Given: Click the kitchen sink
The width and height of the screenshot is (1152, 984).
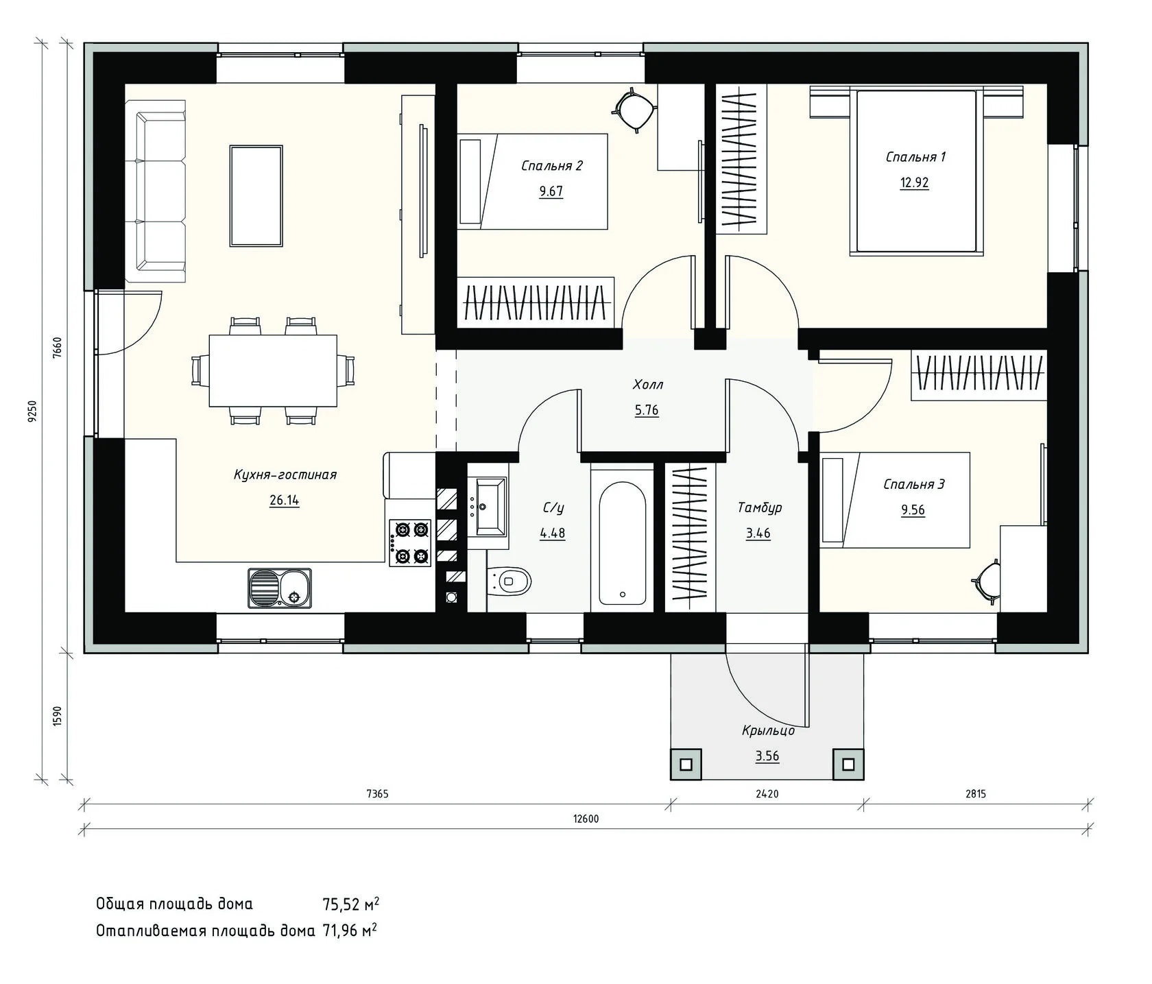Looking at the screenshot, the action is (x=280, y=588).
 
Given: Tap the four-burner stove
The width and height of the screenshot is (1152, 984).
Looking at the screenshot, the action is (x=411, y=542).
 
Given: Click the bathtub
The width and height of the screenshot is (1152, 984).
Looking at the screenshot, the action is (x=622, y=542).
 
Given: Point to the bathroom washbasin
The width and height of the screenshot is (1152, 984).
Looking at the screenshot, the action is (x=488, y=507).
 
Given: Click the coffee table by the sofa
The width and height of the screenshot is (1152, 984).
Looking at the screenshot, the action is (x=256, y=195).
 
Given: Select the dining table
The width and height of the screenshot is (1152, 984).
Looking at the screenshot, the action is (x=273, y=371).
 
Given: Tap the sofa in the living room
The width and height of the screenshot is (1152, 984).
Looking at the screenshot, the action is (x=156, y=191).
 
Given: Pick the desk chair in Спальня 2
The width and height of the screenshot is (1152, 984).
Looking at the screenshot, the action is (x=635, y=108).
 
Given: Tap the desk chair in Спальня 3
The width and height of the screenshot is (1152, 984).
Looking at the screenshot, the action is (x=987, y=581).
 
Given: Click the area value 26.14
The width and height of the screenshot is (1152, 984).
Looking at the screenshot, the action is (x=285, y=500).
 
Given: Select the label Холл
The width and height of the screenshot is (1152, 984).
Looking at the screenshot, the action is (x=648, y=385).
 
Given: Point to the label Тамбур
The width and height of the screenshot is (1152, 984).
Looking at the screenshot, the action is (x=760, y=507).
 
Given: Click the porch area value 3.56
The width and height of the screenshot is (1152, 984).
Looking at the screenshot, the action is (x=767, y=756).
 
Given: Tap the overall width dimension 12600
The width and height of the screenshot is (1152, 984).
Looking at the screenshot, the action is (x=586, y=818).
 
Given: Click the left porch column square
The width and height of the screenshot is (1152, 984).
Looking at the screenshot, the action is (x=686, y=763).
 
